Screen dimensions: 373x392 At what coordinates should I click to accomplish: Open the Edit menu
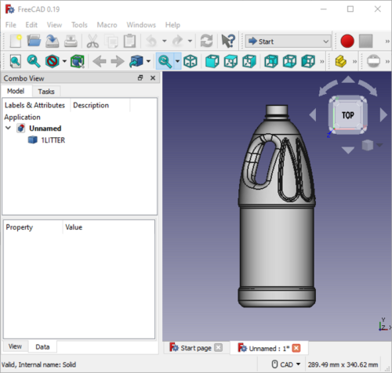31,25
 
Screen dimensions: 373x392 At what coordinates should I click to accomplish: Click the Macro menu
107,25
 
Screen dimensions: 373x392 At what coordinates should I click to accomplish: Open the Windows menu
141,25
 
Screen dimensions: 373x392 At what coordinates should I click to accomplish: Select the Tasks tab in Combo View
46,92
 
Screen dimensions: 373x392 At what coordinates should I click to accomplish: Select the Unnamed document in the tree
45,128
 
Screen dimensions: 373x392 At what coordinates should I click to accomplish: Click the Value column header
74,226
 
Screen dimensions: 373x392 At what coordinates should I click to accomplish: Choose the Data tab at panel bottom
42,346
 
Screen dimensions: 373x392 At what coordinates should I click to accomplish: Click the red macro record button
348,41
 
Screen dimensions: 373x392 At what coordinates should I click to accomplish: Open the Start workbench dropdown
289,41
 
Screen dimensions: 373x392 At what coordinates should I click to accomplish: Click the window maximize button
350,9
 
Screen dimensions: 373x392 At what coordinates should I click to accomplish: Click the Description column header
91,105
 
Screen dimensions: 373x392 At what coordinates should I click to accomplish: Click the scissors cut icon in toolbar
93,41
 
